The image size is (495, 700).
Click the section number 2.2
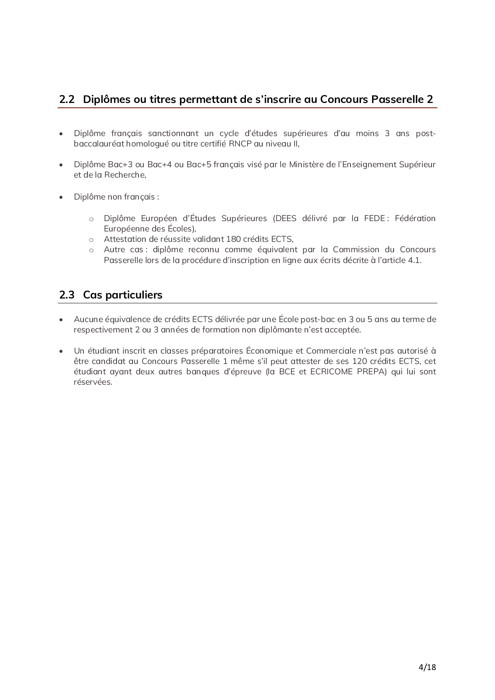click(67, 99)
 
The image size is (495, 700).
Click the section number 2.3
click(67, 295)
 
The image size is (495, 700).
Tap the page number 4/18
click(427, 667)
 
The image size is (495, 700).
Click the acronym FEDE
click(374, 218)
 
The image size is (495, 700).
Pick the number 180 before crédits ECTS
click(234, 239)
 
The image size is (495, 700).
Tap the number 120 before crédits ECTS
click(360, 361)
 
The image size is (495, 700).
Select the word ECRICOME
click(331, 372)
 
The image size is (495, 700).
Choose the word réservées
click(93, 382)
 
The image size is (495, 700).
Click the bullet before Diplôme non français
click(61, 197)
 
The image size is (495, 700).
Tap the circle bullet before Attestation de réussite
click(91, 240)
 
